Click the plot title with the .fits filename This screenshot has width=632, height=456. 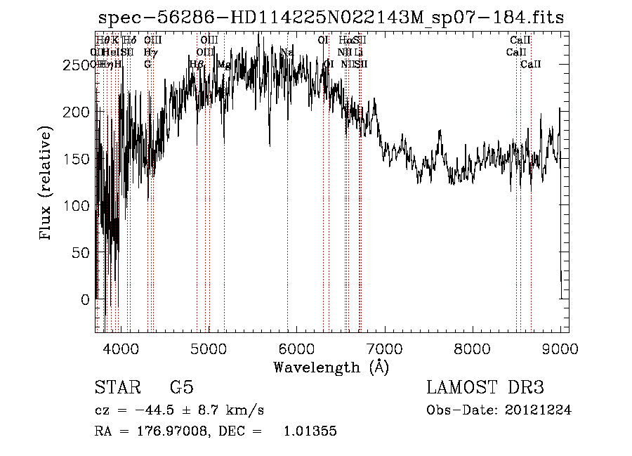point(331,18)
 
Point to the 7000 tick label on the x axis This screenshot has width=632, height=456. point(383,348)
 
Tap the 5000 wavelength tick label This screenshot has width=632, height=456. point(208,348)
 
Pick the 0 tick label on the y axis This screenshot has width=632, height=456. point(86,299)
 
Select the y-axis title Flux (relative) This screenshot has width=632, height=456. point(47,184)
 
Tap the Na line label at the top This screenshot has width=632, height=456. point(287,52)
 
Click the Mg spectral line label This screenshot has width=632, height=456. point(224,65)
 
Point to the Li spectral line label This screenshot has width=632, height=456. point(359,52)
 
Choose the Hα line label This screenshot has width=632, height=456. point(345,40)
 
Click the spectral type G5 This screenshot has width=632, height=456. point(182,388)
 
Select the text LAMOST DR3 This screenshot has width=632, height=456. point(485,388)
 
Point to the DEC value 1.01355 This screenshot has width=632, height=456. point(310,431)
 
